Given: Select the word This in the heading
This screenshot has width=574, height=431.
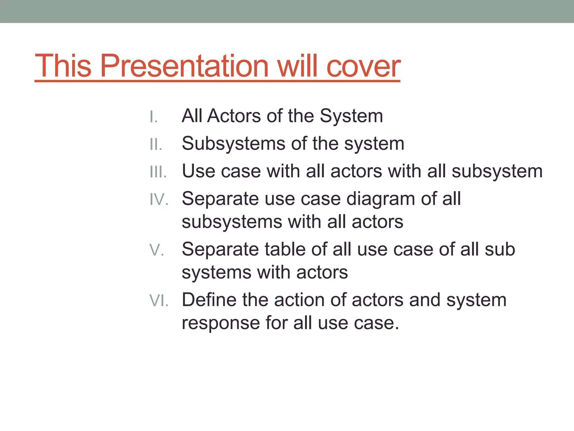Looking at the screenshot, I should (x=63, y=66).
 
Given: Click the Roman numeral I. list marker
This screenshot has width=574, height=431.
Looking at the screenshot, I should (x=154, y=117).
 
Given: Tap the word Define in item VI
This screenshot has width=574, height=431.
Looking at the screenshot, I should (x=209, y=300).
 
